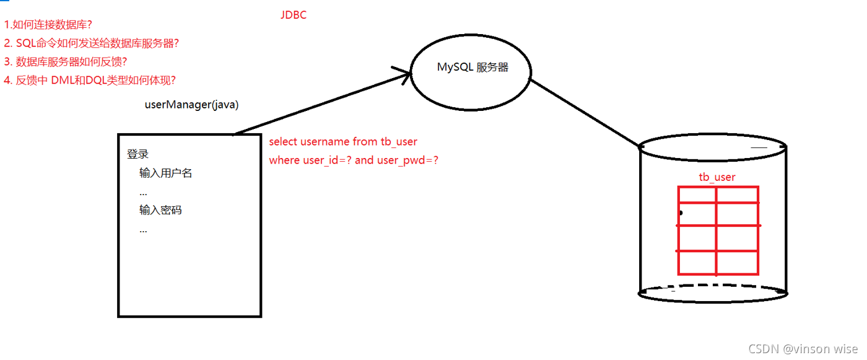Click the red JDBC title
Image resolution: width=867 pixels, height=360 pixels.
pyautogui.click(x=293, y=15)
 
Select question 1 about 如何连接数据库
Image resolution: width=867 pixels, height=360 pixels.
pyautogui.click(x=48, y=25)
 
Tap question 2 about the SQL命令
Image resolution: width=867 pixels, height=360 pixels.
pyautogui.click(x=92, y=43)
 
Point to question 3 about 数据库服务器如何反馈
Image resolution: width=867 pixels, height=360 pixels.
pyautogui.click(x=66, y=61)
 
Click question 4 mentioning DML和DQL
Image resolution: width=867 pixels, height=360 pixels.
pyautogui.click(x=90, y=80)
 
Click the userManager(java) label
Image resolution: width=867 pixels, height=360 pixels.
pyautogui.click(x=191, y=105)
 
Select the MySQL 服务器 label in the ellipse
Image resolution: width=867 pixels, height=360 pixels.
pyautogui.click(x=473, y=67)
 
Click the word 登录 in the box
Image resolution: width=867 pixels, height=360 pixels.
pyautogui.click(x=137, y=154)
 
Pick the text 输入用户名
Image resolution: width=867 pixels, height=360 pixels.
pyautogui.click(x=166, y=173)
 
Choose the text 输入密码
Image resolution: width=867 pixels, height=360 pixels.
pyautogui.click(x=160, y=210)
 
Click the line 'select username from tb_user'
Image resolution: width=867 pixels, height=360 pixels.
pyautogui.click(x=343, y=142)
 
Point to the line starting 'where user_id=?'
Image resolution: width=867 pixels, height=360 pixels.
pyautogui.click(x=354, y=160)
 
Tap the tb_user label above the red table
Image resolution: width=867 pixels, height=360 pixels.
pyautogui.click(x=717, y=177)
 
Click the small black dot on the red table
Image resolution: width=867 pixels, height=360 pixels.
pyautogui.click(x=680, y=213)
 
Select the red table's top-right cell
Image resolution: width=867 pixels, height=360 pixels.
pyautogui.click(x=738, y=195)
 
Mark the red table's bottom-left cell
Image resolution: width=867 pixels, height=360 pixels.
pyautogui.click(x=697, y=262)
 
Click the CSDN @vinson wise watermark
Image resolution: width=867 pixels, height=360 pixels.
pyautogui.click(x=803, y=349)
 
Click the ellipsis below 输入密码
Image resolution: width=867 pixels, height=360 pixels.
pyautogui.click(x=143, y=230)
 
